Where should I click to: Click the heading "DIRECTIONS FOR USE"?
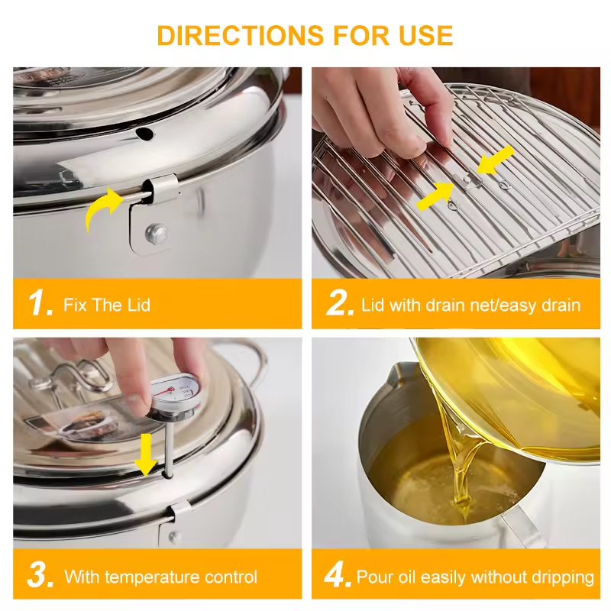[305, 35]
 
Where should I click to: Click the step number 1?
[40, 303]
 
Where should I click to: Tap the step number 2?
[339, 303]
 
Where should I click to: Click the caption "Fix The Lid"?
[108, 305]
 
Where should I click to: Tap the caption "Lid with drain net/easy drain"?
[470, 305]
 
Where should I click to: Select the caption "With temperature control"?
[160, 576]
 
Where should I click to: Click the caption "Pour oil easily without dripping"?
[475, 576]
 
